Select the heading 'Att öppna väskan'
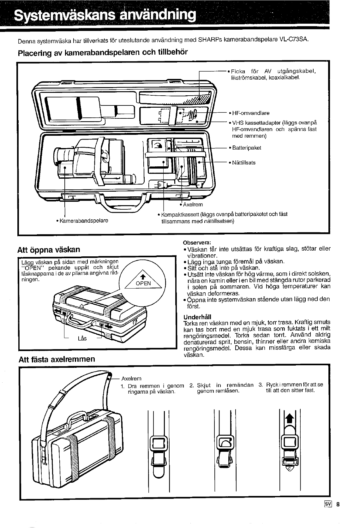pyautogui.click(x=49, y=250)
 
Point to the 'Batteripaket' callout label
pyautogui.click(x=247, y=148)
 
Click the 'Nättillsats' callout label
pyautogui.click(x=244, y=163)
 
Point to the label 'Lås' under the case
pyautogui.click(x=82, y=339)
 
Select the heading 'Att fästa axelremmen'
pyautogui.click(x=57, y=359)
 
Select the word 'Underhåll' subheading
pyautogui.click(x=197, y=317)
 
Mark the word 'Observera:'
pyautogui.click(x=195, y=243)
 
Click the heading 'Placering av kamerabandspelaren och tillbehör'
pyautogui.click(x=103, y=52)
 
